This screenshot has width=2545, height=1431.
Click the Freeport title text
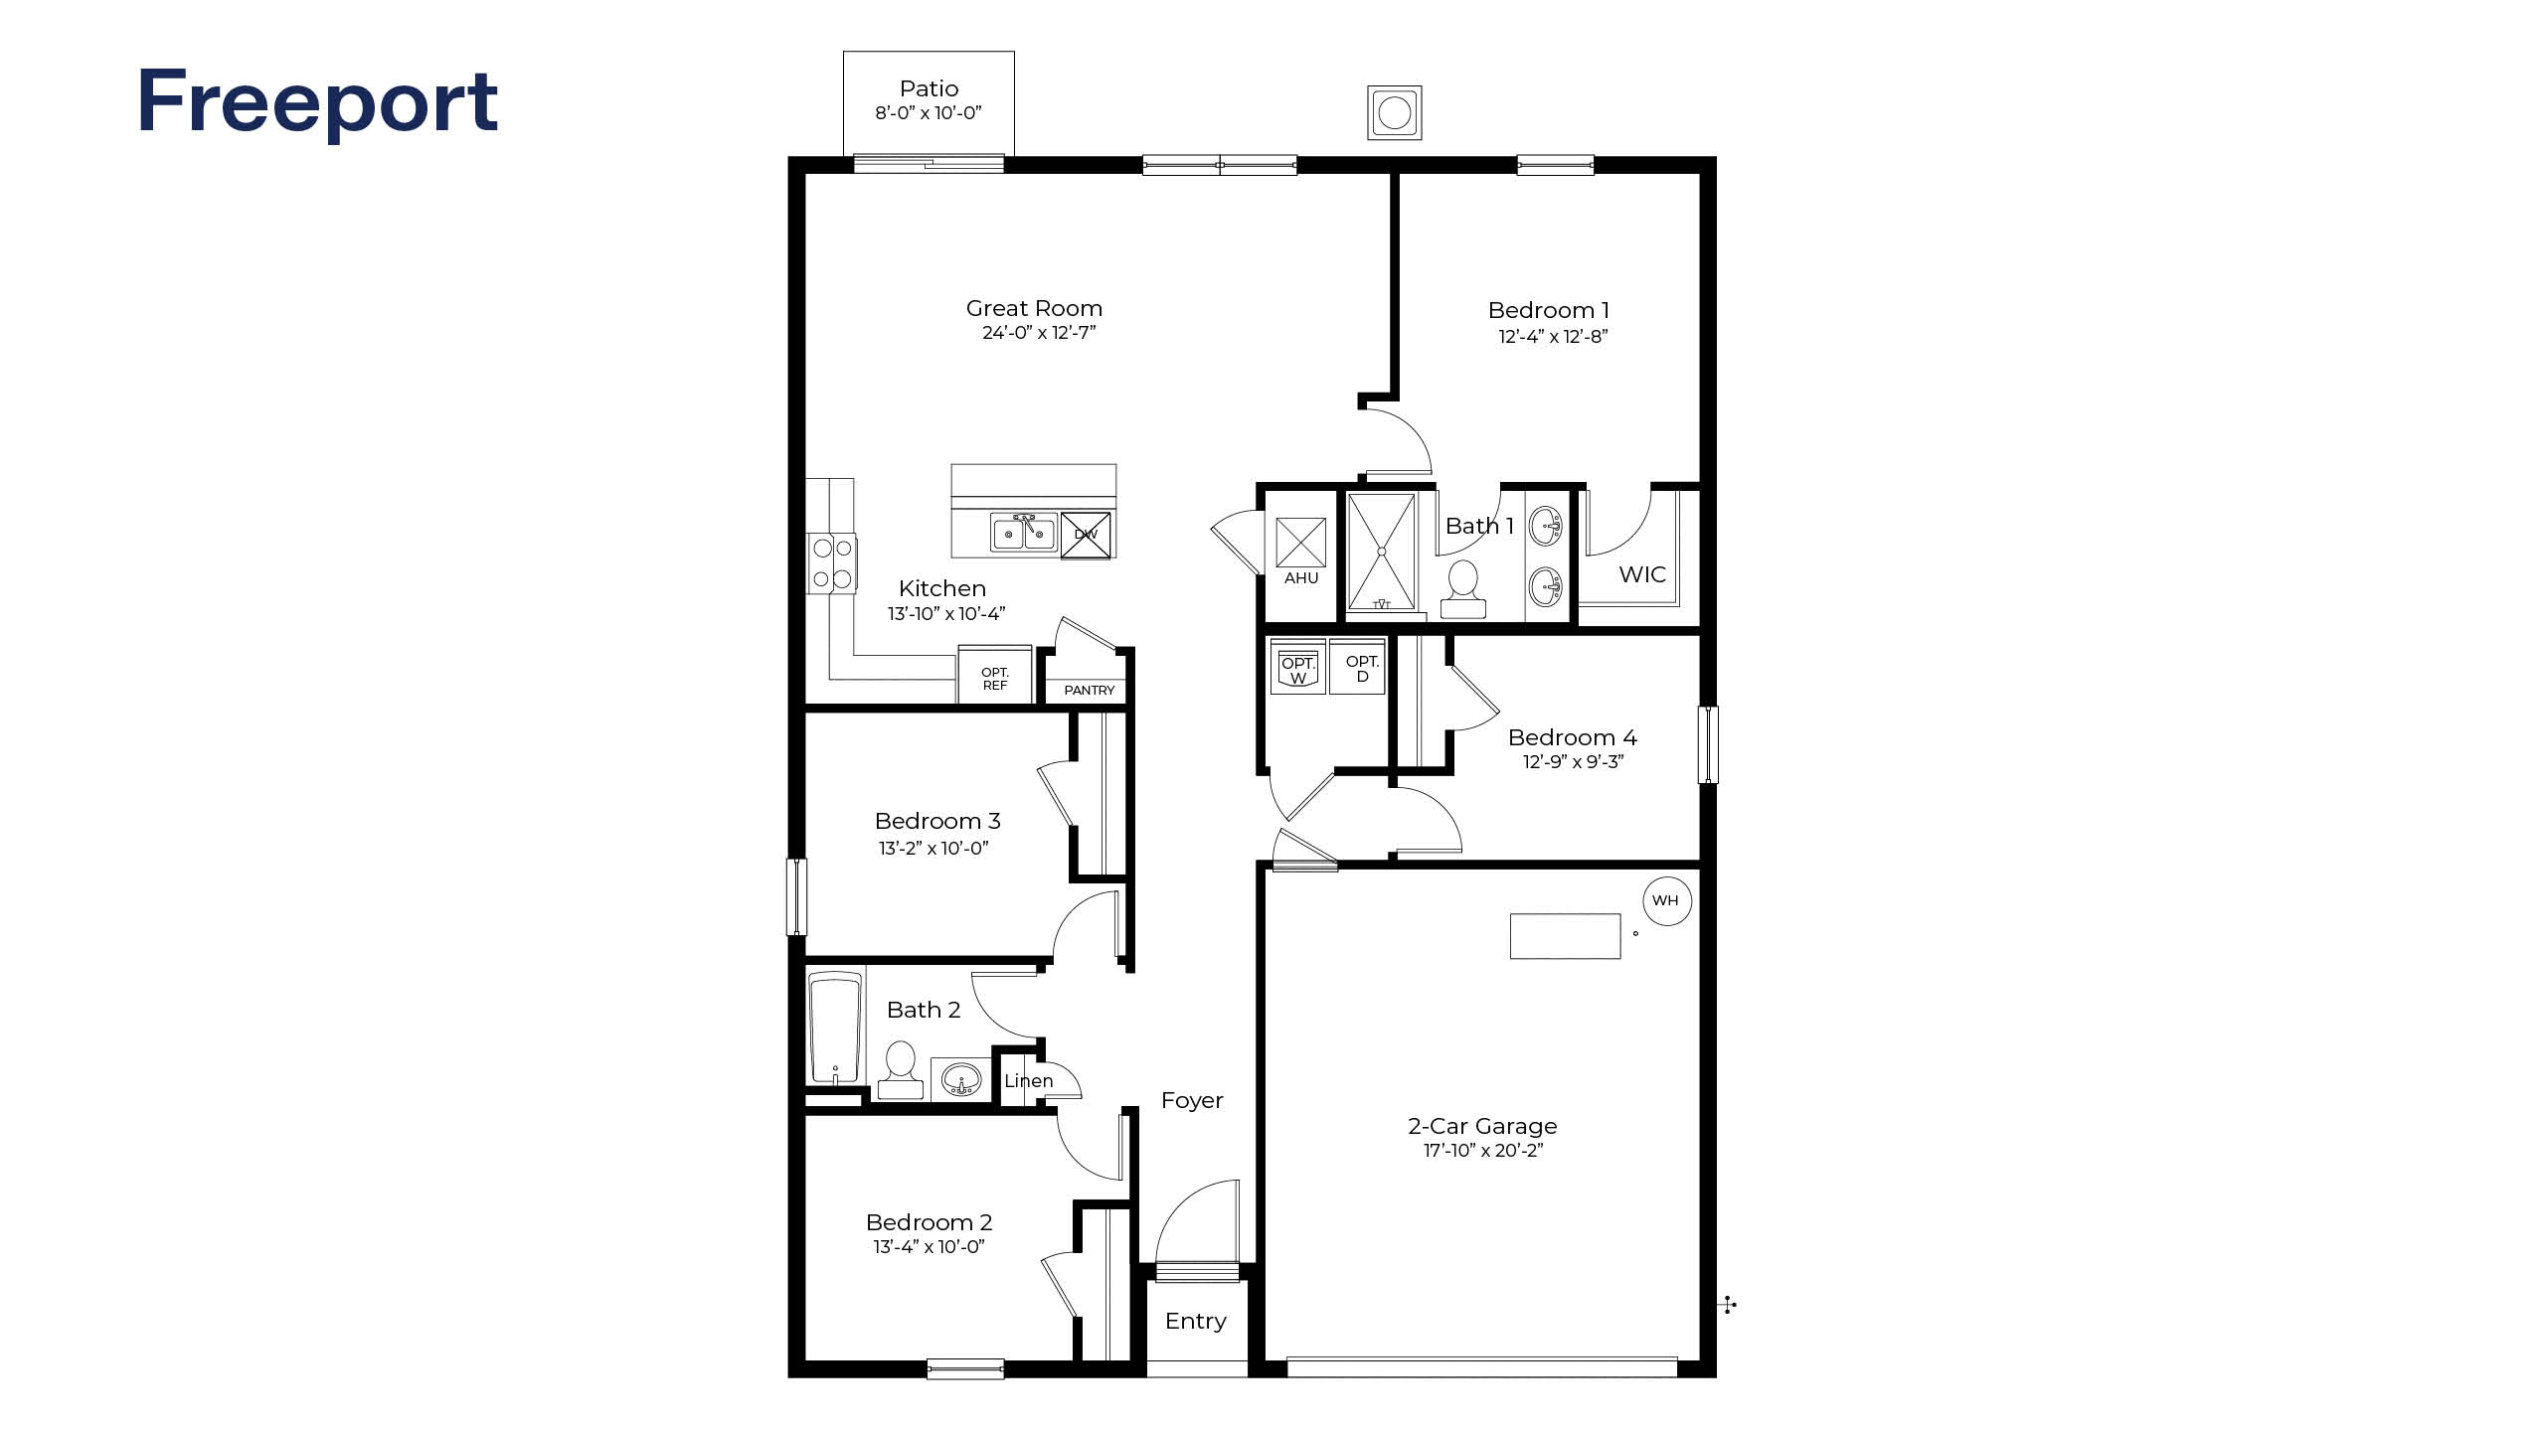317,102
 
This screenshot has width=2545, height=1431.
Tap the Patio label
929,89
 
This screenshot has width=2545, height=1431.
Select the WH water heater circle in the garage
1666,900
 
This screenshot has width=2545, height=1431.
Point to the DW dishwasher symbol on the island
1086,535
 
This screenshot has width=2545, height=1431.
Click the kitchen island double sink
1023,533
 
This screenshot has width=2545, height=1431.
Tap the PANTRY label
1089,690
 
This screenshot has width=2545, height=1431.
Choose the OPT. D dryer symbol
1361,668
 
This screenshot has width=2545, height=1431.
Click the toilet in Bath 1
1462,589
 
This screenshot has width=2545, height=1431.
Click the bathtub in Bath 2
835,1029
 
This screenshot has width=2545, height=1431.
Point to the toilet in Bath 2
901,1069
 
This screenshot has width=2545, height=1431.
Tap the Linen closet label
1028,1080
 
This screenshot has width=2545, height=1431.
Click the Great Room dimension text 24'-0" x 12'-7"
1038,333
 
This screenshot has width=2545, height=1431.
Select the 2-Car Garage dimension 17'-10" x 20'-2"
1482,1151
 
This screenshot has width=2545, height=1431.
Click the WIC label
1641,574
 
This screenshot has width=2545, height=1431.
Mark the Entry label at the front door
1195,1321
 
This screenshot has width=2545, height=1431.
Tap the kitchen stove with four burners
832,562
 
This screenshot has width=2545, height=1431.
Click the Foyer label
1191,1100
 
